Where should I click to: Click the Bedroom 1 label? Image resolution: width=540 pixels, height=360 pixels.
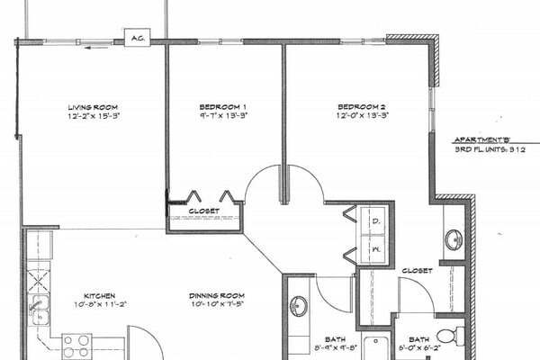tap(218, 107)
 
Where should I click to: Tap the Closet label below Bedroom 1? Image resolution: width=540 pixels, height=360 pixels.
tap(203, 211)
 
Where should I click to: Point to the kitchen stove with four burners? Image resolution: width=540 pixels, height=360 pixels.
tap(76, 345)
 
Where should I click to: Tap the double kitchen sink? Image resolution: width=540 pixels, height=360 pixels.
tap(39, 308)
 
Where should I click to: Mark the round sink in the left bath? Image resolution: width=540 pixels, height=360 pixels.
tap(299, 307)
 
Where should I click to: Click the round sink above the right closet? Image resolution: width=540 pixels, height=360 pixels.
tap(454, 239)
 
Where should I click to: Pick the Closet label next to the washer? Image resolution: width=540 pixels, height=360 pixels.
tap(417, 270)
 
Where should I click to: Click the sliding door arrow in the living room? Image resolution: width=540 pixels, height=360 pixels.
tap(92, 49)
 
